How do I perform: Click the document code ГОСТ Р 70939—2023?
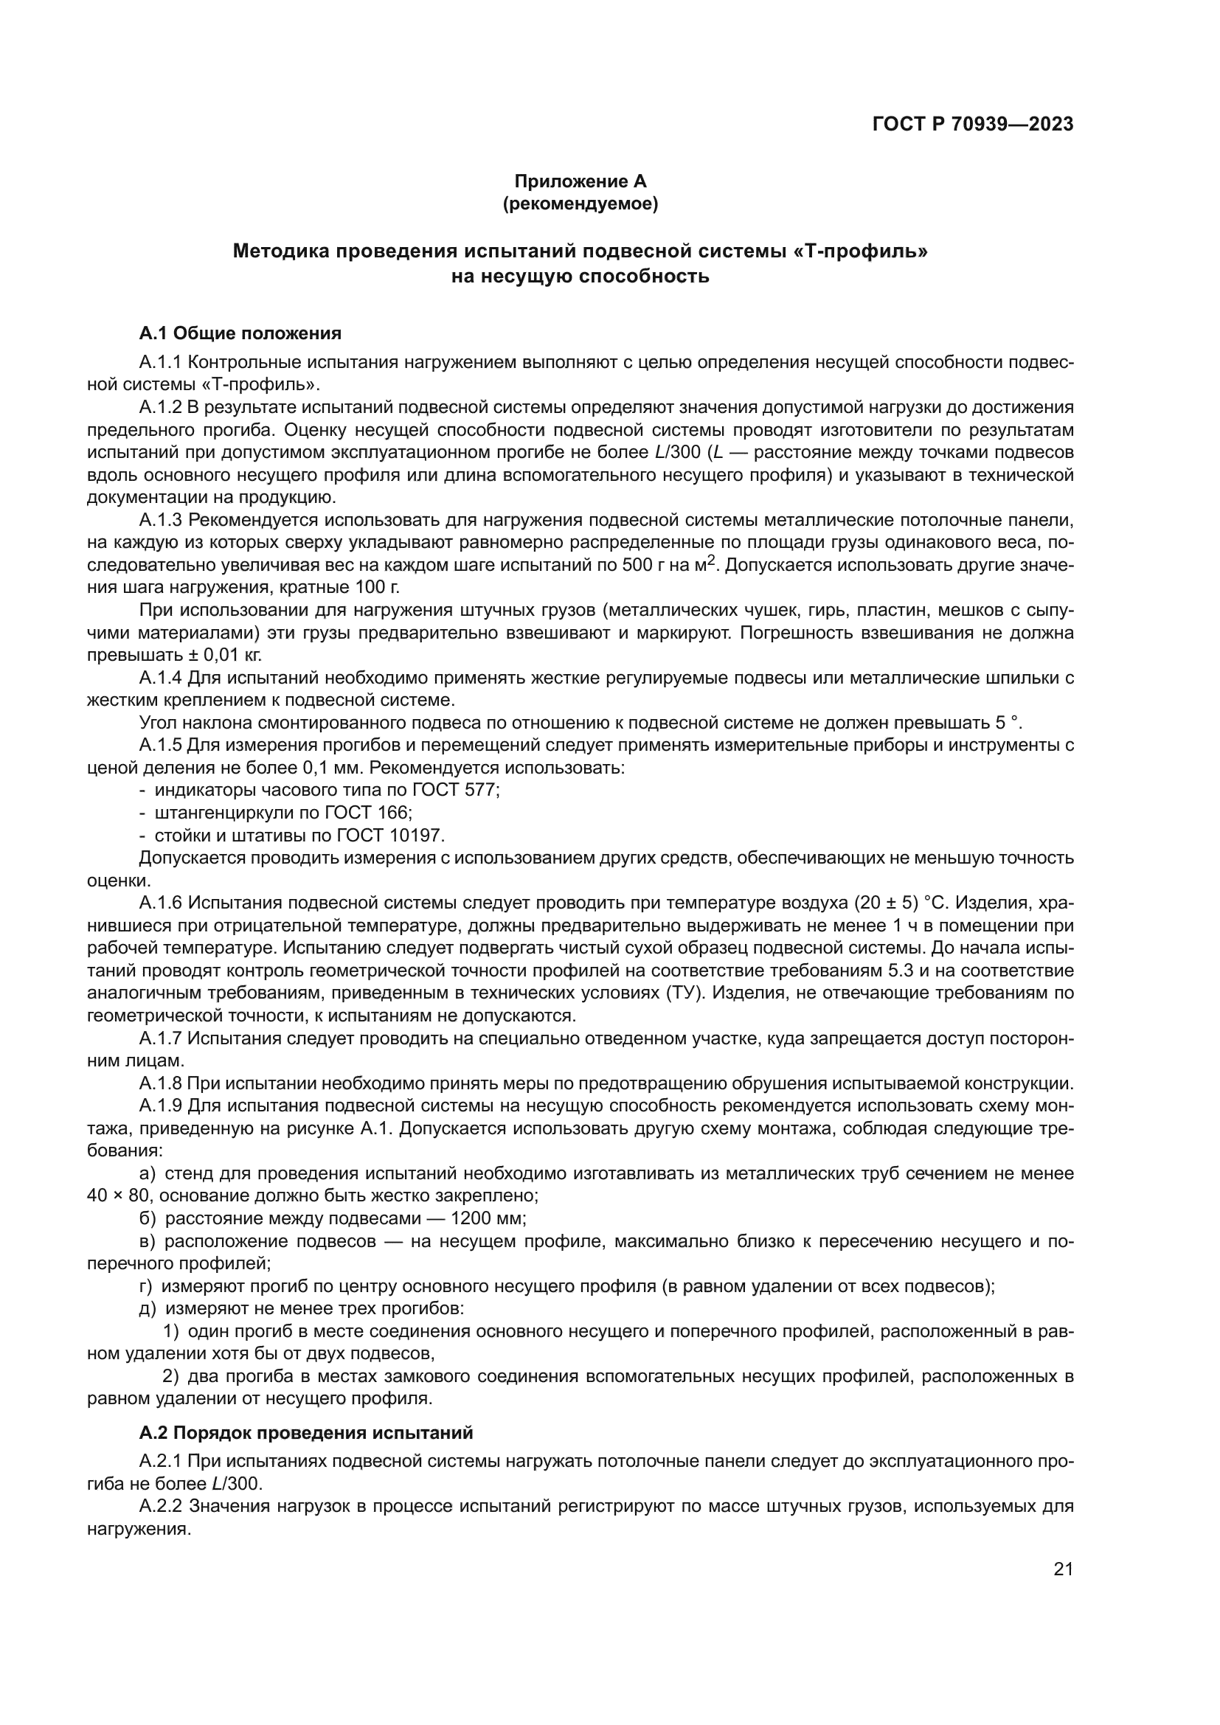tap(972, 124)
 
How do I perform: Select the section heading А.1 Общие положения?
tap(240, 333)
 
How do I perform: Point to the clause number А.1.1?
tap(160, 362)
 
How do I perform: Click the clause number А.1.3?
tap(160, 520)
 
